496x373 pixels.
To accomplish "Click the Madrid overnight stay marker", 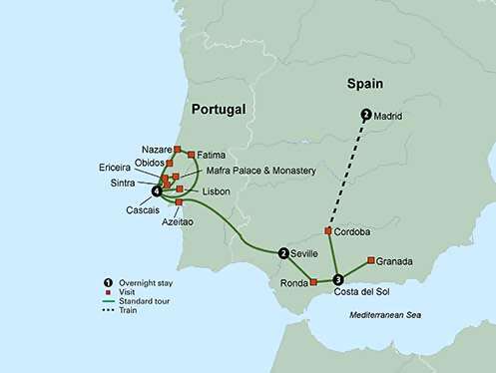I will [x=366, y=115].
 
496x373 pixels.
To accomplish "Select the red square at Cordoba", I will [x=328, y=230].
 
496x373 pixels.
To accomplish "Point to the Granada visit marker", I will [x=371, y=261].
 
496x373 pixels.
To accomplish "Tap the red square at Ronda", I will [x=313, y=282].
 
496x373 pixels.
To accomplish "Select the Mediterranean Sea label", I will [x=391, y=315].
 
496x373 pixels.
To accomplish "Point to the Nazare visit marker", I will [x=178, y=150].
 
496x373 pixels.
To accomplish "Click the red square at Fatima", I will [x=192, y=155].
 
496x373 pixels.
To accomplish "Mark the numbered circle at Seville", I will [x=284, y=253].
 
